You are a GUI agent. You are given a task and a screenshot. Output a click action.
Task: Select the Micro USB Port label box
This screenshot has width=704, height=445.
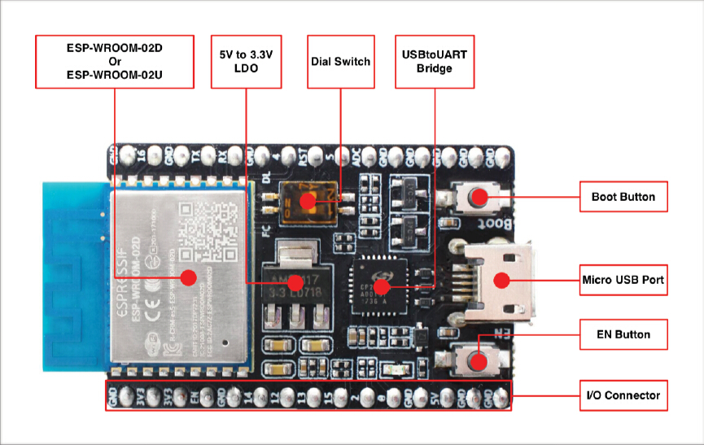tap(623, 280)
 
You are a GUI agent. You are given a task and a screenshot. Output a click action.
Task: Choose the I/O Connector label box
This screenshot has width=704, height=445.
tap(623, 395)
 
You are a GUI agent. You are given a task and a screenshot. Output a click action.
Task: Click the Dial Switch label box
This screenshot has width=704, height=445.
tap(340, 62)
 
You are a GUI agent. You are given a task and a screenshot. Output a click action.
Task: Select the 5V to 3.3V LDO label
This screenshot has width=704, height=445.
tap(245, 62)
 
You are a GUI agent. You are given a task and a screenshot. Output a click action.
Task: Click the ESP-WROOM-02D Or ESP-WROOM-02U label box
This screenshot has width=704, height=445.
tap(114, 62)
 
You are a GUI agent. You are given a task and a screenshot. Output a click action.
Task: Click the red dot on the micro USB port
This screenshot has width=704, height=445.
tap(501, 280)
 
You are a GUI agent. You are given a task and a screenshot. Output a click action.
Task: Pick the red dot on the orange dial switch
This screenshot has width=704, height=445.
tap(307, 200)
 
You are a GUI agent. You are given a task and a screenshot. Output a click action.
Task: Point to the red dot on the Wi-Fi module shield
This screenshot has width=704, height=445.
tap(188, 277)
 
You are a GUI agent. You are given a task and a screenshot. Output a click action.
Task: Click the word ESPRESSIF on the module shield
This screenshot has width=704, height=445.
tap(131, 268)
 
